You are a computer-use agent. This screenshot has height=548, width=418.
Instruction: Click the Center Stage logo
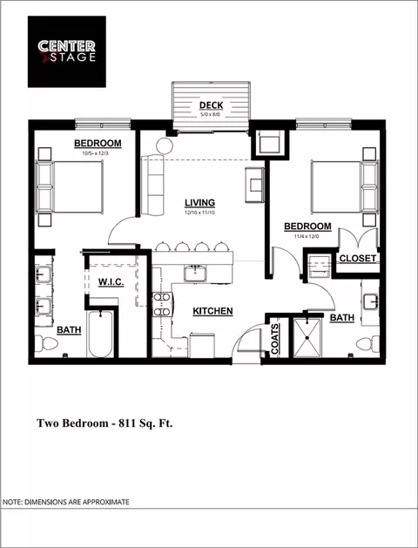(x=67, y=51)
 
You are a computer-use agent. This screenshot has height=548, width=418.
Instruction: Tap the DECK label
(x=211, y=105)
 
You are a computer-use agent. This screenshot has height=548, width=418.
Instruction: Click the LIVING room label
(x=199, y=203)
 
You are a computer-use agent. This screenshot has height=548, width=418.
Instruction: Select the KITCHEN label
(x=212, y=311)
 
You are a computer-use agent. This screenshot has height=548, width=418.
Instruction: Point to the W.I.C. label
(x=111, y=281)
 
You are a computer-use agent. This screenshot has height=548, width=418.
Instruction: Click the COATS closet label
(x=275, y=339)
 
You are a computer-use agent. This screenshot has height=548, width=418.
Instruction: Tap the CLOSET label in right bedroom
(x=358, y=258)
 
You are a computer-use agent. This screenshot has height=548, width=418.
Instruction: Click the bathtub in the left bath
(x=100, y=334)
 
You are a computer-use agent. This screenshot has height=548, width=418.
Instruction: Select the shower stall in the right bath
(x=307, y=338)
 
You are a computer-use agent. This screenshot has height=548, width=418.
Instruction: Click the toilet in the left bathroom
(x=46, y=343)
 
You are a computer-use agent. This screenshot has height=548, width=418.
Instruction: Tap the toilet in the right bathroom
(x=367, y=344)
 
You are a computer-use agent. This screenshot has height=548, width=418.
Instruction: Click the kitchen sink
(x=195, y=273)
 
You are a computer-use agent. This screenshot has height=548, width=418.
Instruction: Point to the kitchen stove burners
(x=162, y=304)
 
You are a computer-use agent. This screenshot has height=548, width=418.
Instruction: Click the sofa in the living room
(x=152, y=186)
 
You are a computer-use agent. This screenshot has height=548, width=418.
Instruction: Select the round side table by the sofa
(x=165, y=145)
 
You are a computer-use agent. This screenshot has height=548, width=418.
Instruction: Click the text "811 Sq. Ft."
(x=145, y=423)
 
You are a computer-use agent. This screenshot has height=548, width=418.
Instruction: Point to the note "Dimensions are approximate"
(x=65, y=502)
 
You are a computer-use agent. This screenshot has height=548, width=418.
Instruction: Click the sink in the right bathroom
(x=370, y=301)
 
